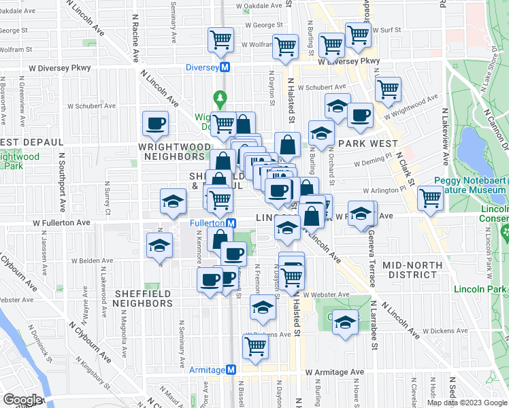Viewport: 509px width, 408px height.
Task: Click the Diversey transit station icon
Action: (230, 68)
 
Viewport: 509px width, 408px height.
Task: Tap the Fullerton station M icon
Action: (231, 223)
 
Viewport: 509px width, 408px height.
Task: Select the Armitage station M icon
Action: (231, 369)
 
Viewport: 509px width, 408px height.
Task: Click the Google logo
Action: (22, 400)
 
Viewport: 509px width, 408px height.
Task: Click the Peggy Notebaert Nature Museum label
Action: (470, 195)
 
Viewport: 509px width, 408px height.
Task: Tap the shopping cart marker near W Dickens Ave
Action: (256, 345)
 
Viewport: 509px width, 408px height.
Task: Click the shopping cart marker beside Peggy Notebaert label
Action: (429, 198)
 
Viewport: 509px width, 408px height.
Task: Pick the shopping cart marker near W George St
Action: (220, 40)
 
